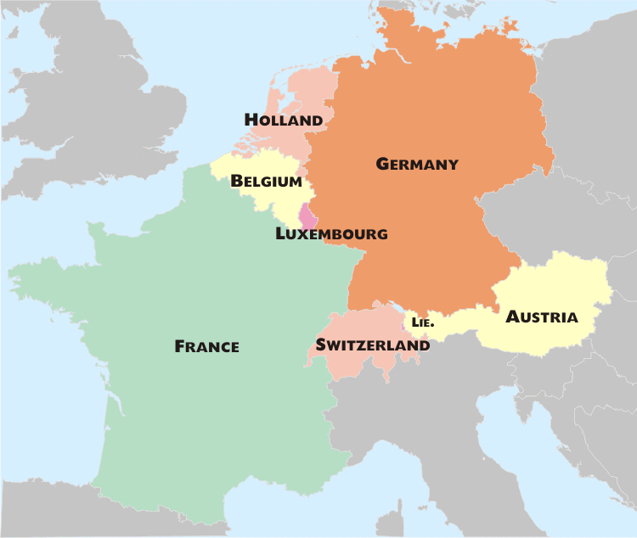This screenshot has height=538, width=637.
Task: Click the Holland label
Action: click(284, 120)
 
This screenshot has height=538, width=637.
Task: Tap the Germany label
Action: click(417, 165)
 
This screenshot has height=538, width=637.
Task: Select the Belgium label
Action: click(266, 182)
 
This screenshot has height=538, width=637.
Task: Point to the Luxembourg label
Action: click(331, 234)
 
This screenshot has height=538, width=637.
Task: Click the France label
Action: click(206, 346)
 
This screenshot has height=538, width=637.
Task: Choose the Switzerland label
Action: click(372, 346)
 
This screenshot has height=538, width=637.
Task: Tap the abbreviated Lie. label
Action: click(422, 323)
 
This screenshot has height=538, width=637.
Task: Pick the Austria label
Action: click(542, 317)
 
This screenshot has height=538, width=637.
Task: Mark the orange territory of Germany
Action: click(425, 238)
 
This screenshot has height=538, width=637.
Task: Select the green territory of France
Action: click(212, 407)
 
